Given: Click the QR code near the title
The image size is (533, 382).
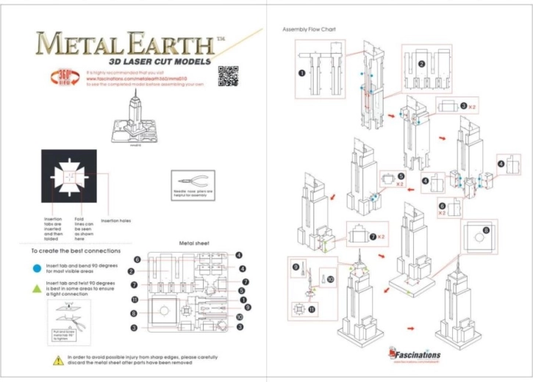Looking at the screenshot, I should point(228,76).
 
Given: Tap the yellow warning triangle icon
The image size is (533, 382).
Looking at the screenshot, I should point(57,360).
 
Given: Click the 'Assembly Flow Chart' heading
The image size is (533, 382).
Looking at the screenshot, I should point(309,29).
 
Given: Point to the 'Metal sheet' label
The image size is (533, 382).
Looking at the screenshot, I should point(195,242).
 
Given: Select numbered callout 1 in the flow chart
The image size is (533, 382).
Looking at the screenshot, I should point(301,73).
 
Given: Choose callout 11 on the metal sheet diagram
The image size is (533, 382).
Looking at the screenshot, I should point(135,300).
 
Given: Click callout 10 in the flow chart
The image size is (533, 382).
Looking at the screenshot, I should point(330,279).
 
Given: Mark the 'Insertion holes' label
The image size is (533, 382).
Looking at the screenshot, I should point(115,220).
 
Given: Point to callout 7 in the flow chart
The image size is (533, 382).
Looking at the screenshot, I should point(373,237).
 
